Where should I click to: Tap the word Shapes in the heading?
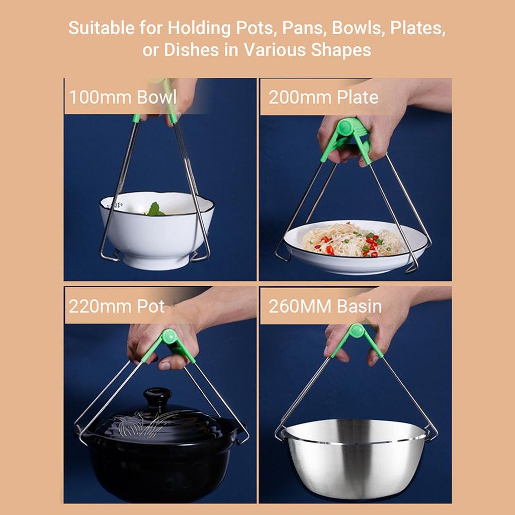[341, 50]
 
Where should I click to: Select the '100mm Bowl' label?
[123, 97]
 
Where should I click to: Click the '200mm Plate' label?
[323, 97]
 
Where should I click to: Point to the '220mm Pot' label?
[117, 306]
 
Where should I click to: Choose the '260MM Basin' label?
[325, 306]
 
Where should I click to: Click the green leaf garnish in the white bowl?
[155, 209]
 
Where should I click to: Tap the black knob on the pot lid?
[157, 396]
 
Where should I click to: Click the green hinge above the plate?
[346, 127]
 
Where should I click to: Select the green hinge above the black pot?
[169, 336]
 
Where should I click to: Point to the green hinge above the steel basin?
[357, 331]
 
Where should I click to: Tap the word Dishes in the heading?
[192, 50]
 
